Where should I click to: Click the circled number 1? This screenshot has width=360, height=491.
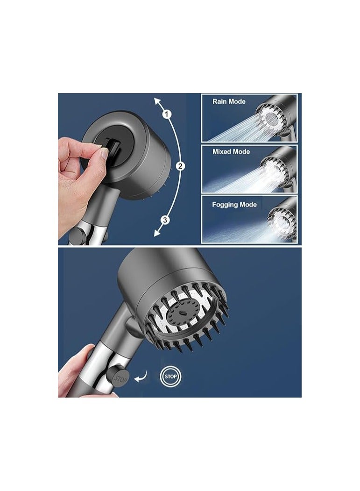click(168, 114)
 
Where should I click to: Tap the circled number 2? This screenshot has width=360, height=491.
click(180, 166)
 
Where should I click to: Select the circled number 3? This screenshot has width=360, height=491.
click(165, 220)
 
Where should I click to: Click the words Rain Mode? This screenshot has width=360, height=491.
click(229, 101)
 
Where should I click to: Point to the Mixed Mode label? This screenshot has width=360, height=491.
click(231, 151)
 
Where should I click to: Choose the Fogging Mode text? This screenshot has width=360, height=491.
click(234, 205)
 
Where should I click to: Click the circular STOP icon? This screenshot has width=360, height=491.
click(170, 377)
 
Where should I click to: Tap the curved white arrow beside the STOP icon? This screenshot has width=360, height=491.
click(141, 377)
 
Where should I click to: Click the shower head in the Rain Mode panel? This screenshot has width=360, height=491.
click(275, 116)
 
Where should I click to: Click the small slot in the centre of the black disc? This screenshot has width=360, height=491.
click(182, 313)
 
